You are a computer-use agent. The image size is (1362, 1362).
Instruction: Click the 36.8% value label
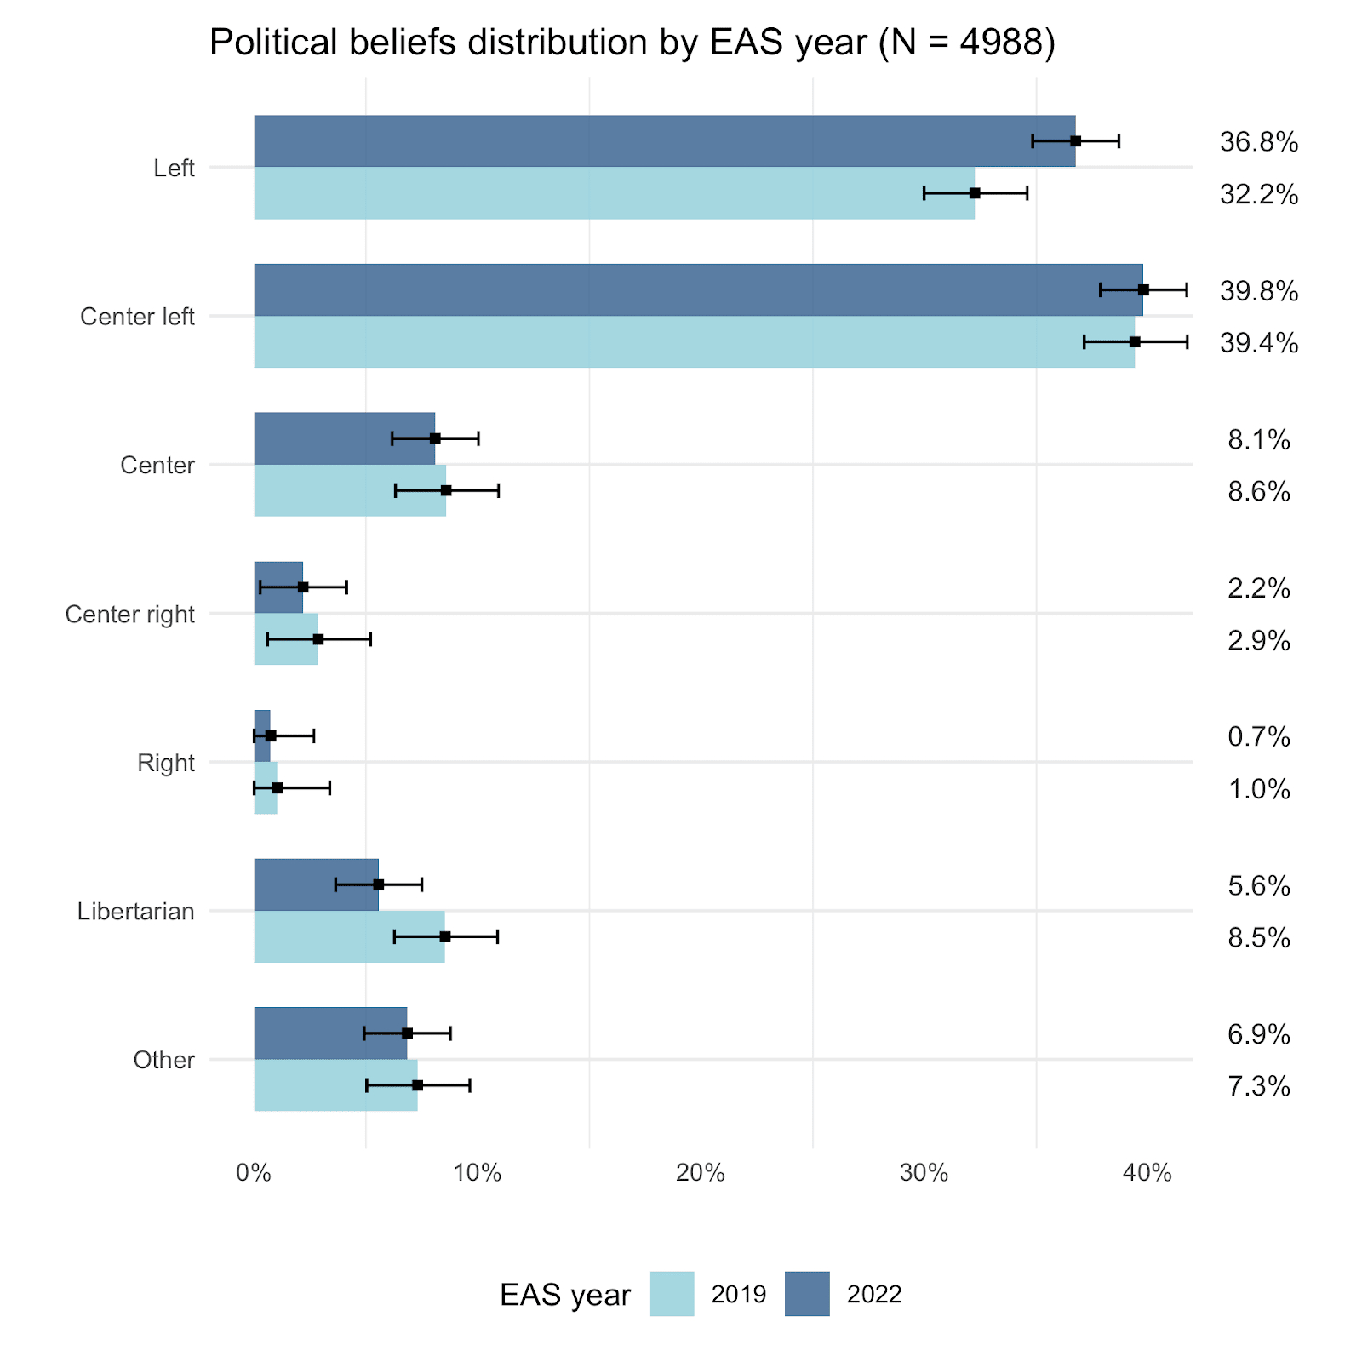(1258, 142)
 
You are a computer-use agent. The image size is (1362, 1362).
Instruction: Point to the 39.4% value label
(1258, 343)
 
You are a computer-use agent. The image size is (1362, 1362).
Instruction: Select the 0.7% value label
(1258, 737)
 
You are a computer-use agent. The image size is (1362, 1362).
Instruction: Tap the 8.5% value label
(1258, 938)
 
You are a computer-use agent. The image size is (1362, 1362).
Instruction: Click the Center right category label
(129, 615)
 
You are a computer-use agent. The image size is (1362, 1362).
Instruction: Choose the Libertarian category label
(135, 912)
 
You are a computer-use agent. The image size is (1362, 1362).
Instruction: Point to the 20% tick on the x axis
(700, 1174)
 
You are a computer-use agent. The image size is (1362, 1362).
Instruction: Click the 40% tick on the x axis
(1147, 1174)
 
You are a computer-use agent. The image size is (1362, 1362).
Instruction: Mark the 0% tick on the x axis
(254, 1174)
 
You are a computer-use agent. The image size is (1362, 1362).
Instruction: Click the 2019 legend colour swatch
(671, 1294)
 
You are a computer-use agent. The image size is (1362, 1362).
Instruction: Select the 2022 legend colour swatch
(806, 1294)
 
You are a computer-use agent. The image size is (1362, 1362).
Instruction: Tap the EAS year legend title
(564, 1295)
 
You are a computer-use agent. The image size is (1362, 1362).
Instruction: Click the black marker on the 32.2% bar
(975, 193)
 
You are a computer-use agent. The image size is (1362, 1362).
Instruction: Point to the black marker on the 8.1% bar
(435, 438)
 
